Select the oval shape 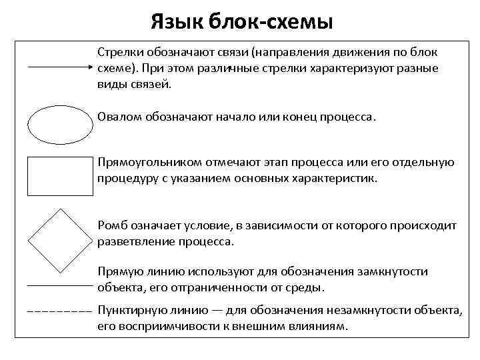(59, 125)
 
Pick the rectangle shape (59, 176)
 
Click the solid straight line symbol (59, 285)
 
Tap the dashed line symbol (59, 311)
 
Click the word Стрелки (119, 51)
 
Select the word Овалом (119, 117)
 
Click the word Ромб (111, 226)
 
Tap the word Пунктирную (131, 311)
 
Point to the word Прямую (119, 271)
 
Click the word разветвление (136, 242)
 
